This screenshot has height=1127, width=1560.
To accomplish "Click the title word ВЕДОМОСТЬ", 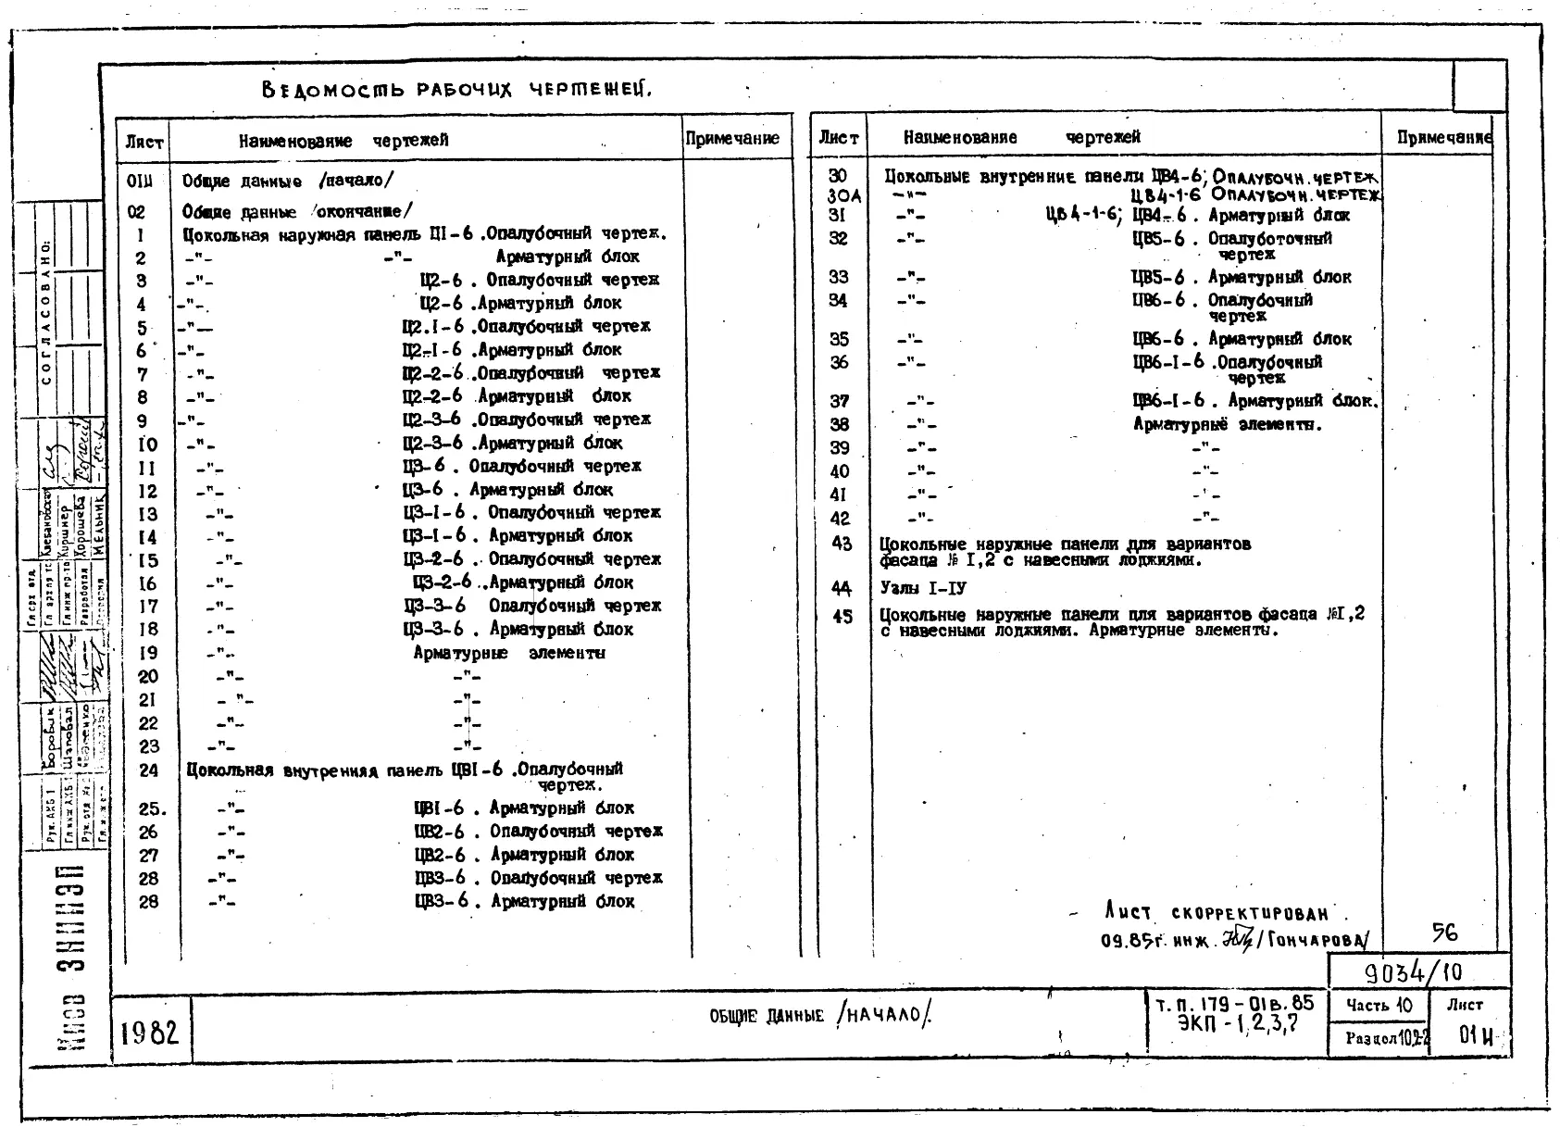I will pos(333,90).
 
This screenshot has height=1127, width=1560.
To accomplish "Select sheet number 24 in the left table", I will pos(148,770).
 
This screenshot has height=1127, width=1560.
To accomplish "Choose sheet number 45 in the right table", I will pos(842,617).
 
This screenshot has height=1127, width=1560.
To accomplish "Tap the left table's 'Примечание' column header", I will pos(732,139).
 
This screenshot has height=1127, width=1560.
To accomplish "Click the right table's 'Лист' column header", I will pos(838,138).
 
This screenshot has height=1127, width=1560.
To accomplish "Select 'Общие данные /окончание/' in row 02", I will pos(297,211).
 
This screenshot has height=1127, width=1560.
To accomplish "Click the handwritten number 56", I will pos(1444,933).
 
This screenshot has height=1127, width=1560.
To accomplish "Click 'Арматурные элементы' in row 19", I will pos(509,653).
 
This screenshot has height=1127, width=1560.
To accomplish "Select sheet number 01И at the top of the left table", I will pos(140,181).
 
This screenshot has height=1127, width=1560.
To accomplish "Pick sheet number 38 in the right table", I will pos(839,424).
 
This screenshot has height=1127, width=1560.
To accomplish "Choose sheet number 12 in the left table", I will pos(148,491).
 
